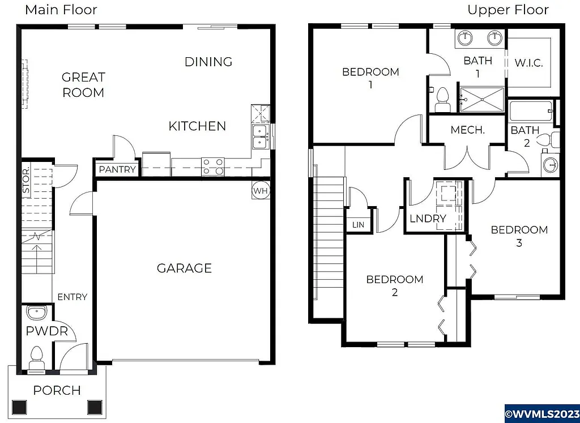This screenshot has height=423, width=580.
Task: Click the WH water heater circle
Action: (260, 191)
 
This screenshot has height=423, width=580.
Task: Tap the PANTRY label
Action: (117, 169)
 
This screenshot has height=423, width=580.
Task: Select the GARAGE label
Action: (184, 268)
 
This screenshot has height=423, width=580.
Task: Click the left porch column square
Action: (19, 407)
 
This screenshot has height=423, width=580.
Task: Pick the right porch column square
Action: (94, 407)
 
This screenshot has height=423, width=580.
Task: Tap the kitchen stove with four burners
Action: (213, 166)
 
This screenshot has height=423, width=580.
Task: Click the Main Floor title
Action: (61, 10)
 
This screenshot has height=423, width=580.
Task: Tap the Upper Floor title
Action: (507, 10)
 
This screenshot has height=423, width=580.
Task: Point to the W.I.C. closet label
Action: (528, 63)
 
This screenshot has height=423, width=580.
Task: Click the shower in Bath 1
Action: (481, 100)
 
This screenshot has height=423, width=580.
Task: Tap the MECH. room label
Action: (467, 130)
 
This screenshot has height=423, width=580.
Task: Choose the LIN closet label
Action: (358, 225)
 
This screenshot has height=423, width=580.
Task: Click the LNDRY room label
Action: (428, 218)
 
